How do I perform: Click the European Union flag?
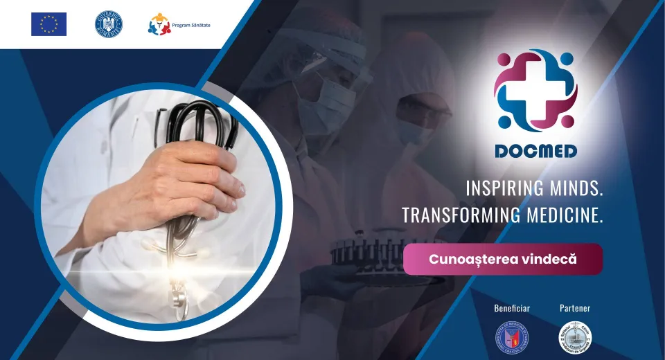tap(48, 24)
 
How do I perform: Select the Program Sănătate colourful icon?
tap(159, 24)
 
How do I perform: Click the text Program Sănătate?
tap(192, 25)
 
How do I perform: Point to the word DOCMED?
tap(535, 151)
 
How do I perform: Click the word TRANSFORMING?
tap(461, 215)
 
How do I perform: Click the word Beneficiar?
tap(512, 307)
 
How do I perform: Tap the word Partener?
tap(575, 307)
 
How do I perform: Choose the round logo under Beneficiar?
tap(512, 337)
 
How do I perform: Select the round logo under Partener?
tap(575, 337)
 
